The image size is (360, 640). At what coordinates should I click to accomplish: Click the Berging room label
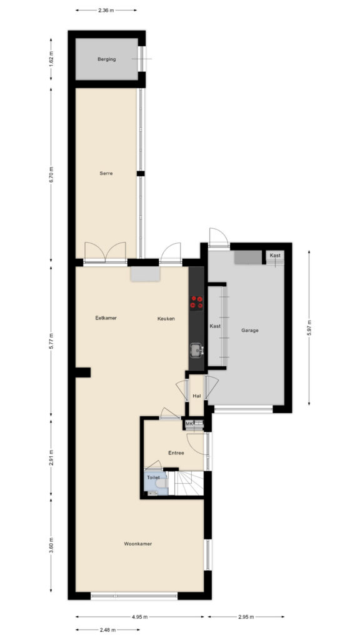click(x=106, y=59)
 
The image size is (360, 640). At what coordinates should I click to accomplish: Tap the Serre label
click(x=106, y=174)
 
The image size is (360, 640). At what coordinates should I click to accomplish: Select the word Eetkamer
click(x=106, y=318)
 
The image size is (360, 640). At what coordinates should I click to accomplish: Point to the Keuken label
click(x=166, y=319)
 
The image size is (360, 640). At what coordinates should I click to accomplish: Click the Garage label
click(x=250, y=331)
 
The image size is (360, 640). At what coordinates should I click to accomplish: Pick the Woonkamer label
click(x=138, y=544)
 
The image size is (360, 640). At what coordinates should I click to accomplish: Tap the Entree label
click(x=176, y=452)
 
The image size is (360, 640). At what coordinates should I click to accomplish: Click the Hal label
click(x=197, y=396)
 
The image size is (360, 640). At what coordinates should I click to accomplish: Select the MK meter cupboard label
click(x=189, y=424)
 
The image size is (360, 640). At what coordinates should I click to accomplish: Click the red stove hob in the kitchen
click(x=196, y=302)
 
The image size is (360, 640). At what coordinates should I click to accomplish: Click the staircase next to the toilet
click(x=189, y=483)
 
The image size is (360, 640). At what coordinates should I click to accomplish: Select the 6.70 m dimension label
click(x=51, y=175)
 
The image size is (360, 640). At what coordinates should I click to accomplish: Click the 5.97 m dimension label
click(x=309, y=327)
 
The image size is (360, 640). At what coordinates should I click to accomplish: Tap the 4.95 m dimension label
click(x=139, y=617)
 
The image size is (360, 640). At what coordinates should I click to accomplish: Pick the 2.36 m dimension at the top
click(x=106, y=10)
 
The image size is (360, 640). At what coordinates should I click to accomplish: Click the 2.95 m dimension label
click(x=246, y=617)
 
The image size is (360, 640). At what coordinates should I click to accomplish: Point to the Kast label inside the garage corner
click(x=275, y=256)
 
